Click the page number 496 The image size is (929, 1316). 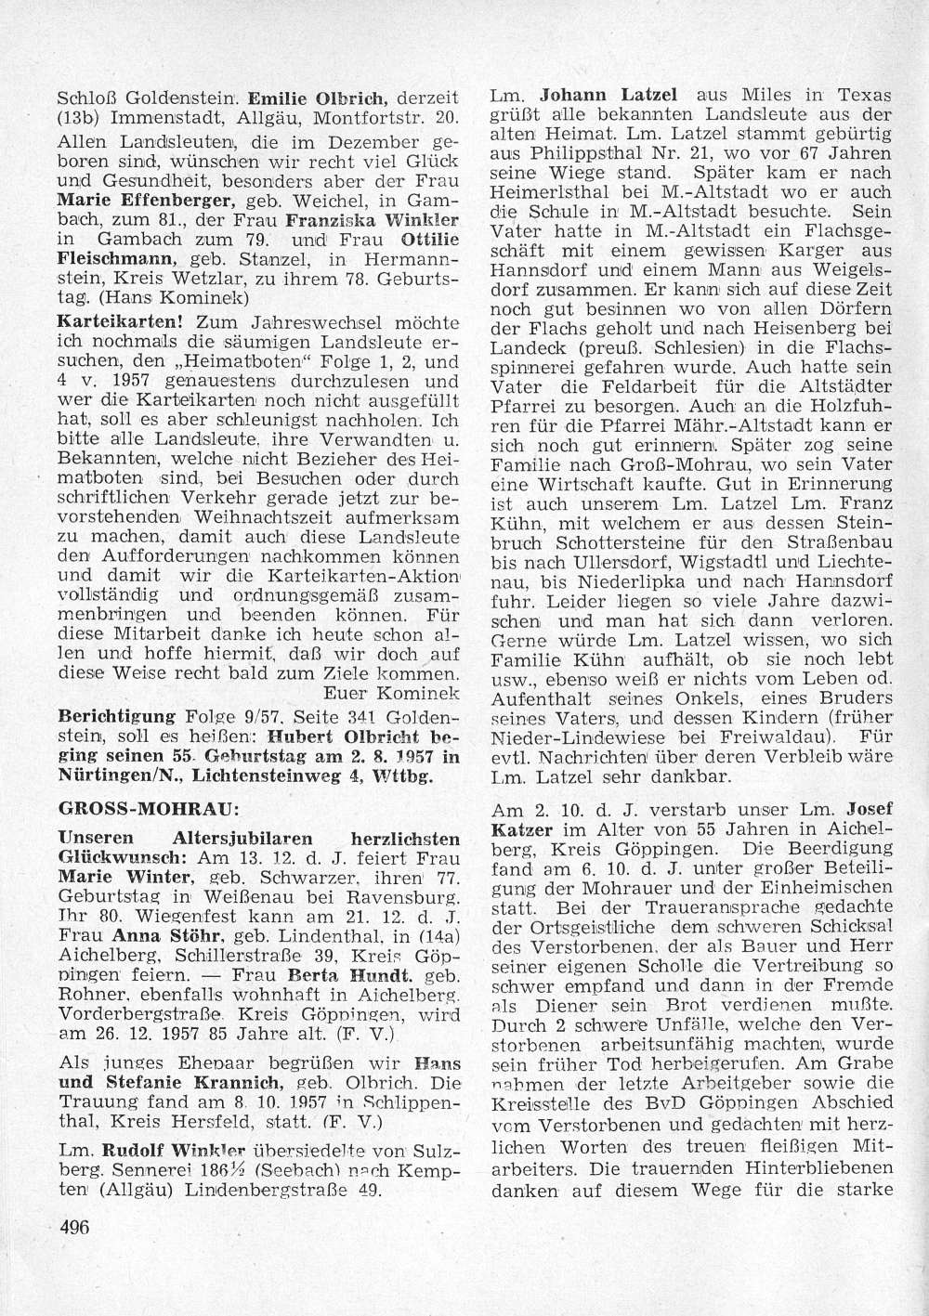point(72,1226)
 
